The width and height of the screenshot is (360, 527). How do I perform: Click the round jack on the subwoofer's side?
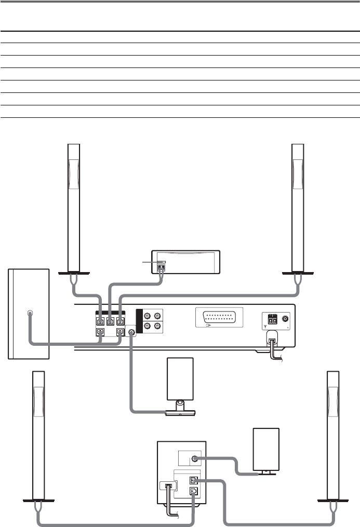coord(29,314)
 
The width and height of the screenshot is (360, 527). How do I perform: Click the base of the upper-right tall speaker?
coord(298,273)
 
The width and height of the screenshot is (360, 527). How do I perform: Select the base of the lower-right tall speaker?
coord(333,500)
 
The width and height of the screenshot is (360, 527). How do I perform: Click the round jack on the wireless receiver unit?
coord(194,458)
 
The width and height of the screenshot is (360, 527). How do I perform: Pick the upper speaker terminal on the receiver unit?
coord(193,480)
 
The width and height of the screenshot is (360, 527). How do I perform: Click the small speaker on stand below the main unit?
coord(179,379)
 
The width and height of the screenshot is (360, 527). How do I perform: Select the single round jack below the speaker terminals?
coord(131,332)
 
